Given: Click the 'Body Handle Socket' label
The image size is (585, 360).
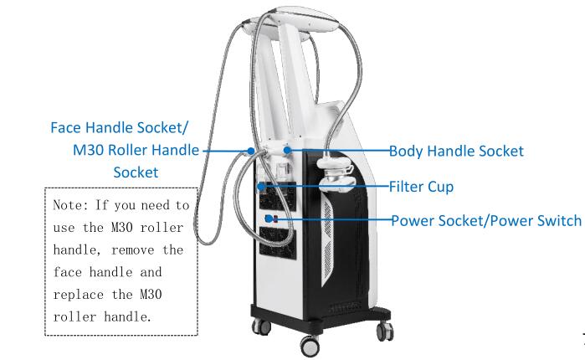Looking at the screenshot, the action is [x=456, y=151].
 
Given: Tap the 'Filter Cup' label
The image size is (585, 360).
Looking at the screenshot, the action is [x=421, y=187].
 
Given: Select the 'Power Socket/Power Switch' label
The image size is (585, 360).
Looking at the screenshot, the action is [x=486, y=220].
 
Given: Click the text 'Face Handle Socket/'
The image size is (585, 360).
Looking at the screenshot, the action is [x=120, y=127].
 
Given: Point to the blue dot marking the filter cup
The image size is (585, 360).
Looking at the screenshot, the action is [x=261, y=186].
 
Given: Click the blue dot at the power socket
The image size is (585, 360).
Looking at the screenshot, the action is [x=269, y=219].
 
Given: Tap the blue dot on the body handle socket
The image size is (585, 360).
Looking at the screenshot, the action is [x=287, y=150].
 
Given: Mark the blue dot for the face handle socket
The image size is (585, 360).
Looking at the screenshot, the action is [x=251, y=151].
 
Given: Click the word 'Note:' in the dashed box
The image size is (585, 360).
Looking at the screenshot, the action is [x=70, y=205].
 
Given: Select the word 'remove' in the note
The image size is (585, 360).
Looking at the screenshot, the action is [x=133, y=250].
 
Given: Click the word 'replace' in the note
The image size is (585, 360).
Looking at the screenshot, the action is [x=79, y=295].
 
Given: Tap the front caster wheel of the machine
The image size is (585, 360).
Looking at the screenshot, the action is [x=310, y=346].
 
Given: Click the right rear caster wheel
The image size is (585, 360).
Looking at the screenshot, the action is [x=386, y=331].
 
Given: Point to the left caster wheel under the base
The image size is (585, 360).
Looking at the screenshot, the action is [x=261, y=327].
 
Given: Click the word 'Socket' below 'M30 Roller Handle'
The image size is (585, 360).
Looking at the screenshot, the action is [x=136, y=172].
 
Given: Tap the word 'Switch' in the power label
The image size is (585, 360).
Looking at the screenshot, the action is [x=559, y=220].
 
